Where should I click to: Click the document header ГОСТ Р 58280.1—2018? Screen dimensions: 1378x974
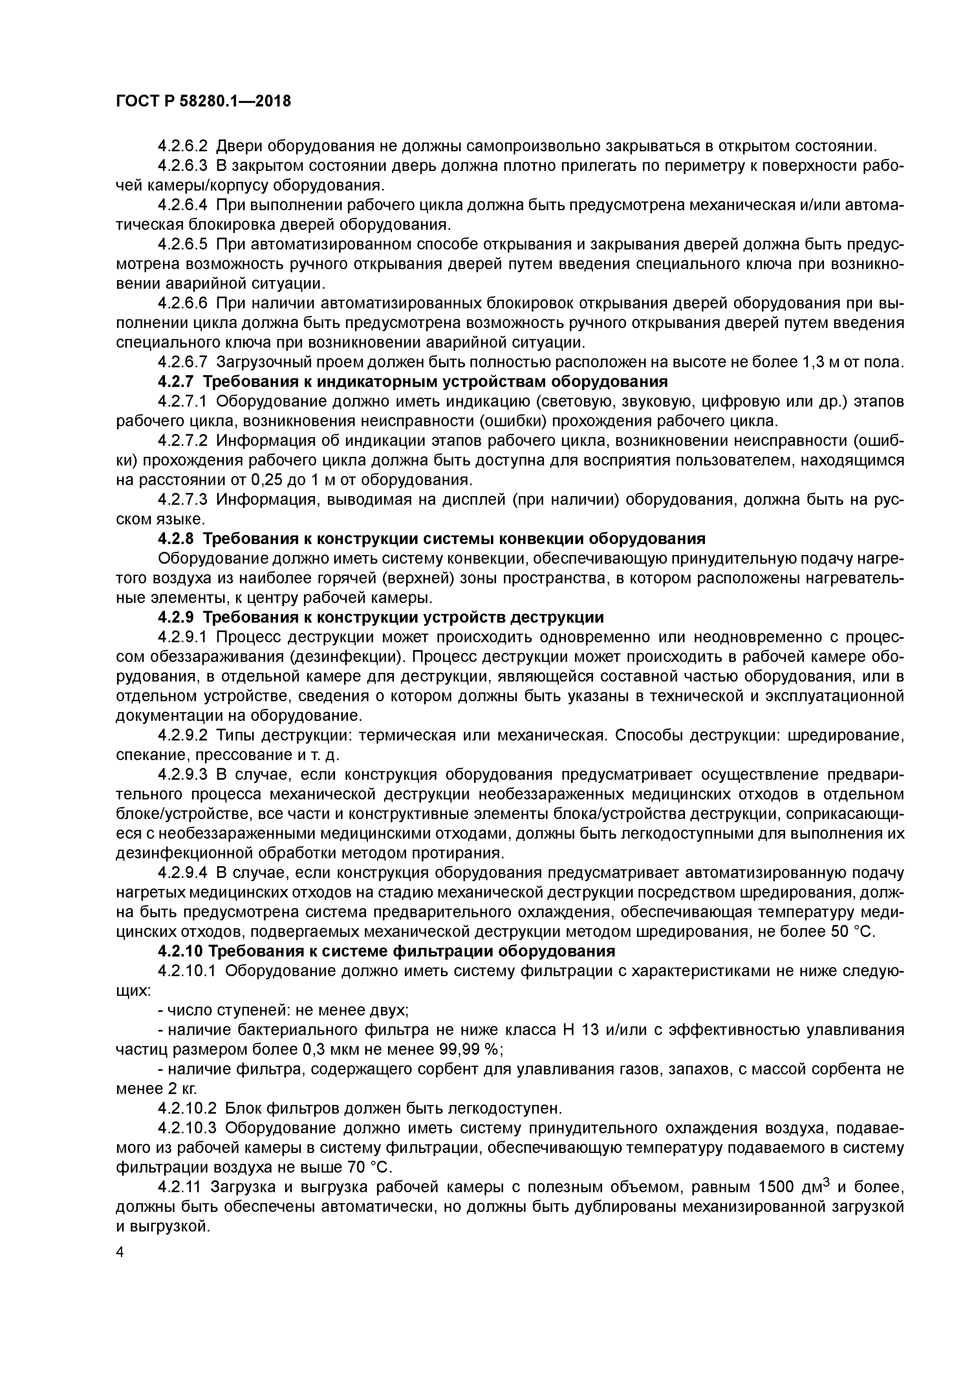click(203, 101)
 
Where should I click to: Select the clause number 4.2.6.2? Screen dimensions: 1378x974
click(183, 146)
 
